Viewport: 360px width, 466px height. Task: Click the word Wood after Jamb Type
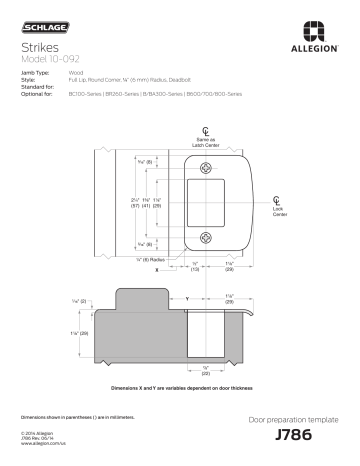pyautogui.click(x=76, y=73)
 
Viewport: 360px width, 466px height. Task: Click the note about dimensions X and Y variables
pyautogui.click(x=180, y=387)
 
